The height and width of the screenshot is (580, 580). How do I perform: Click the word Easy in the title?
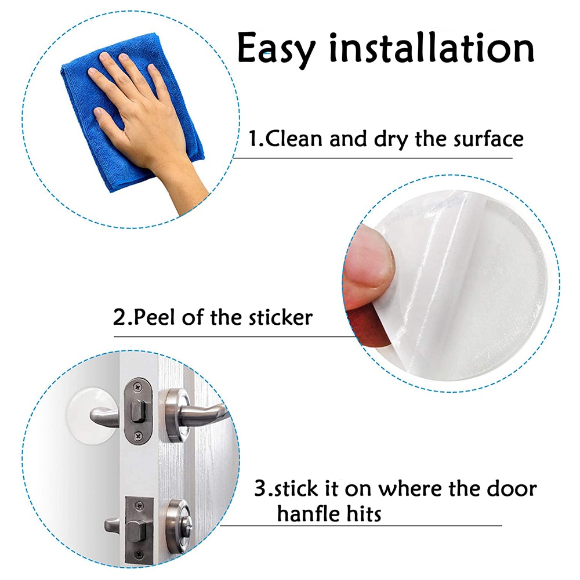(276, 49)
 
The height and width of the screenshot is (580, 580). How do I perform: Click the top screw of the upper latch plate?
(136, 385)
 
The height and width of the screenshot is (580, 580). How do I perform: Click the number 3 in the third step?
(260, 488)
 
